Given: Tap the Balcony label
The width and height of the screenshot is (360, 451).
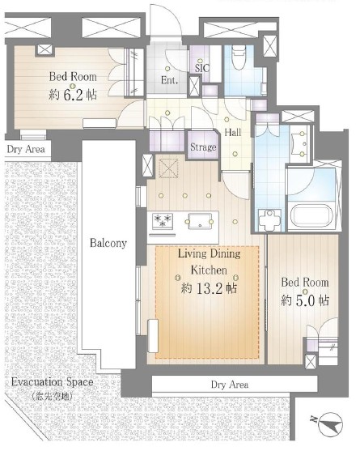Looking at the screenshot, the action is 108,243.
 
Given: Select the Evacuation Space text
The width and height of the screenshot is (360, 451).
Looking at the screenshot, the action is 53,382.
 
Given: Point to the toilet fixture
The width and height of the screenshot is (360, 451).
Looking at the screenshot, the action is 238,58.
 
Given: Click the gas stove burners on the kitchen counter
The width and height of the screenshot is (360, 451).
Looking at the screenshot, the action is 163,221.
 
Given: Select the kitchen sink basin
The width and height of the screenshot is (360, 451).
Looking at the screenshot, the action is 199,221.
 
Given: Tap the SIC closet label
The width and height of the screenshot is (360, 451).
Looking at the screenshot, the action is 202,68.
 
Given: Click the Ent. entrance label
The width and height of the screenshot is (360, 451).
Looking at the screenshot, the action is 169,80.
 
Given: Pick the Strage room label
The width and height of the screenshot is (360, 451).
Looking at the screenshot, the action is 203,147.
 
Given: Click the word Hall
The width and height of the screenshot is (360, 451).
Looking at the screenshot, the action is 233,132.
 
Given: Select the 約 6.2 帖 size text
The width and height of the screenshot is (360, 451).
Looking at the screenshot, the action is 73,95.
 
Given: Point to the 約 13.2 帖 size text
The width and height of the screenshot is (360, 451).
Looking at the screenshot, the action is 209,288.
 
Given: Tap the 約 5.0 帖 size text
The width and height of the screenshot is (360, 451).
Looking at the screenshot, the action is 305,301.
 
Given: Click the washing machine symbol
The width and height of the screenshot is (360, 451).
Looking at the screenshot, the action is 269,220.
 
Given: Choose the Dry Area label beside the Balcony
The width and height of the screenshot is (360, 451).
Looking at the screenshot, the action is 26,150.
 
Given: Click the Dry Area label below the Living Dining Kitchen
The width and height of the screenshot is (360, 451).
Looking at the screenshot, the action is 230,385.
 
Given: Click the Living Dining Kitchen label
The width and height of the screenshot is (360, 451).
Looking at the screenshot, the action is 210,262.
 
